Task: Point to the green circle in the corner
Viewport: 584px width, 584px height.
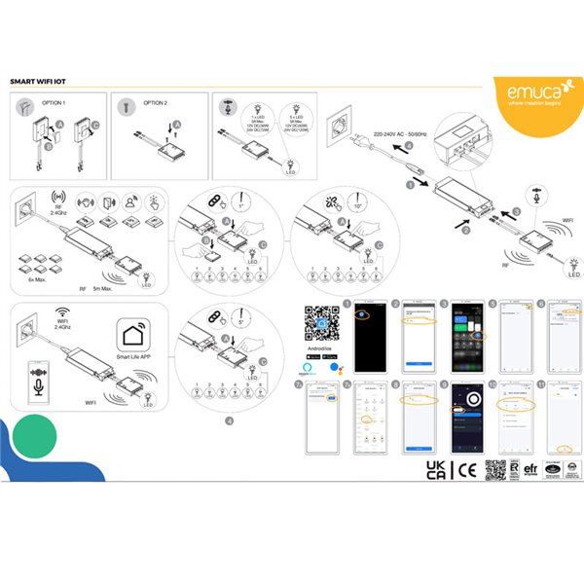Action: click(x=35, y=432)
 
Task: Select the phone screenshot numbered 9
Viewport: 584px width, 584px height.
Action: click(x=461, y=419)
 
